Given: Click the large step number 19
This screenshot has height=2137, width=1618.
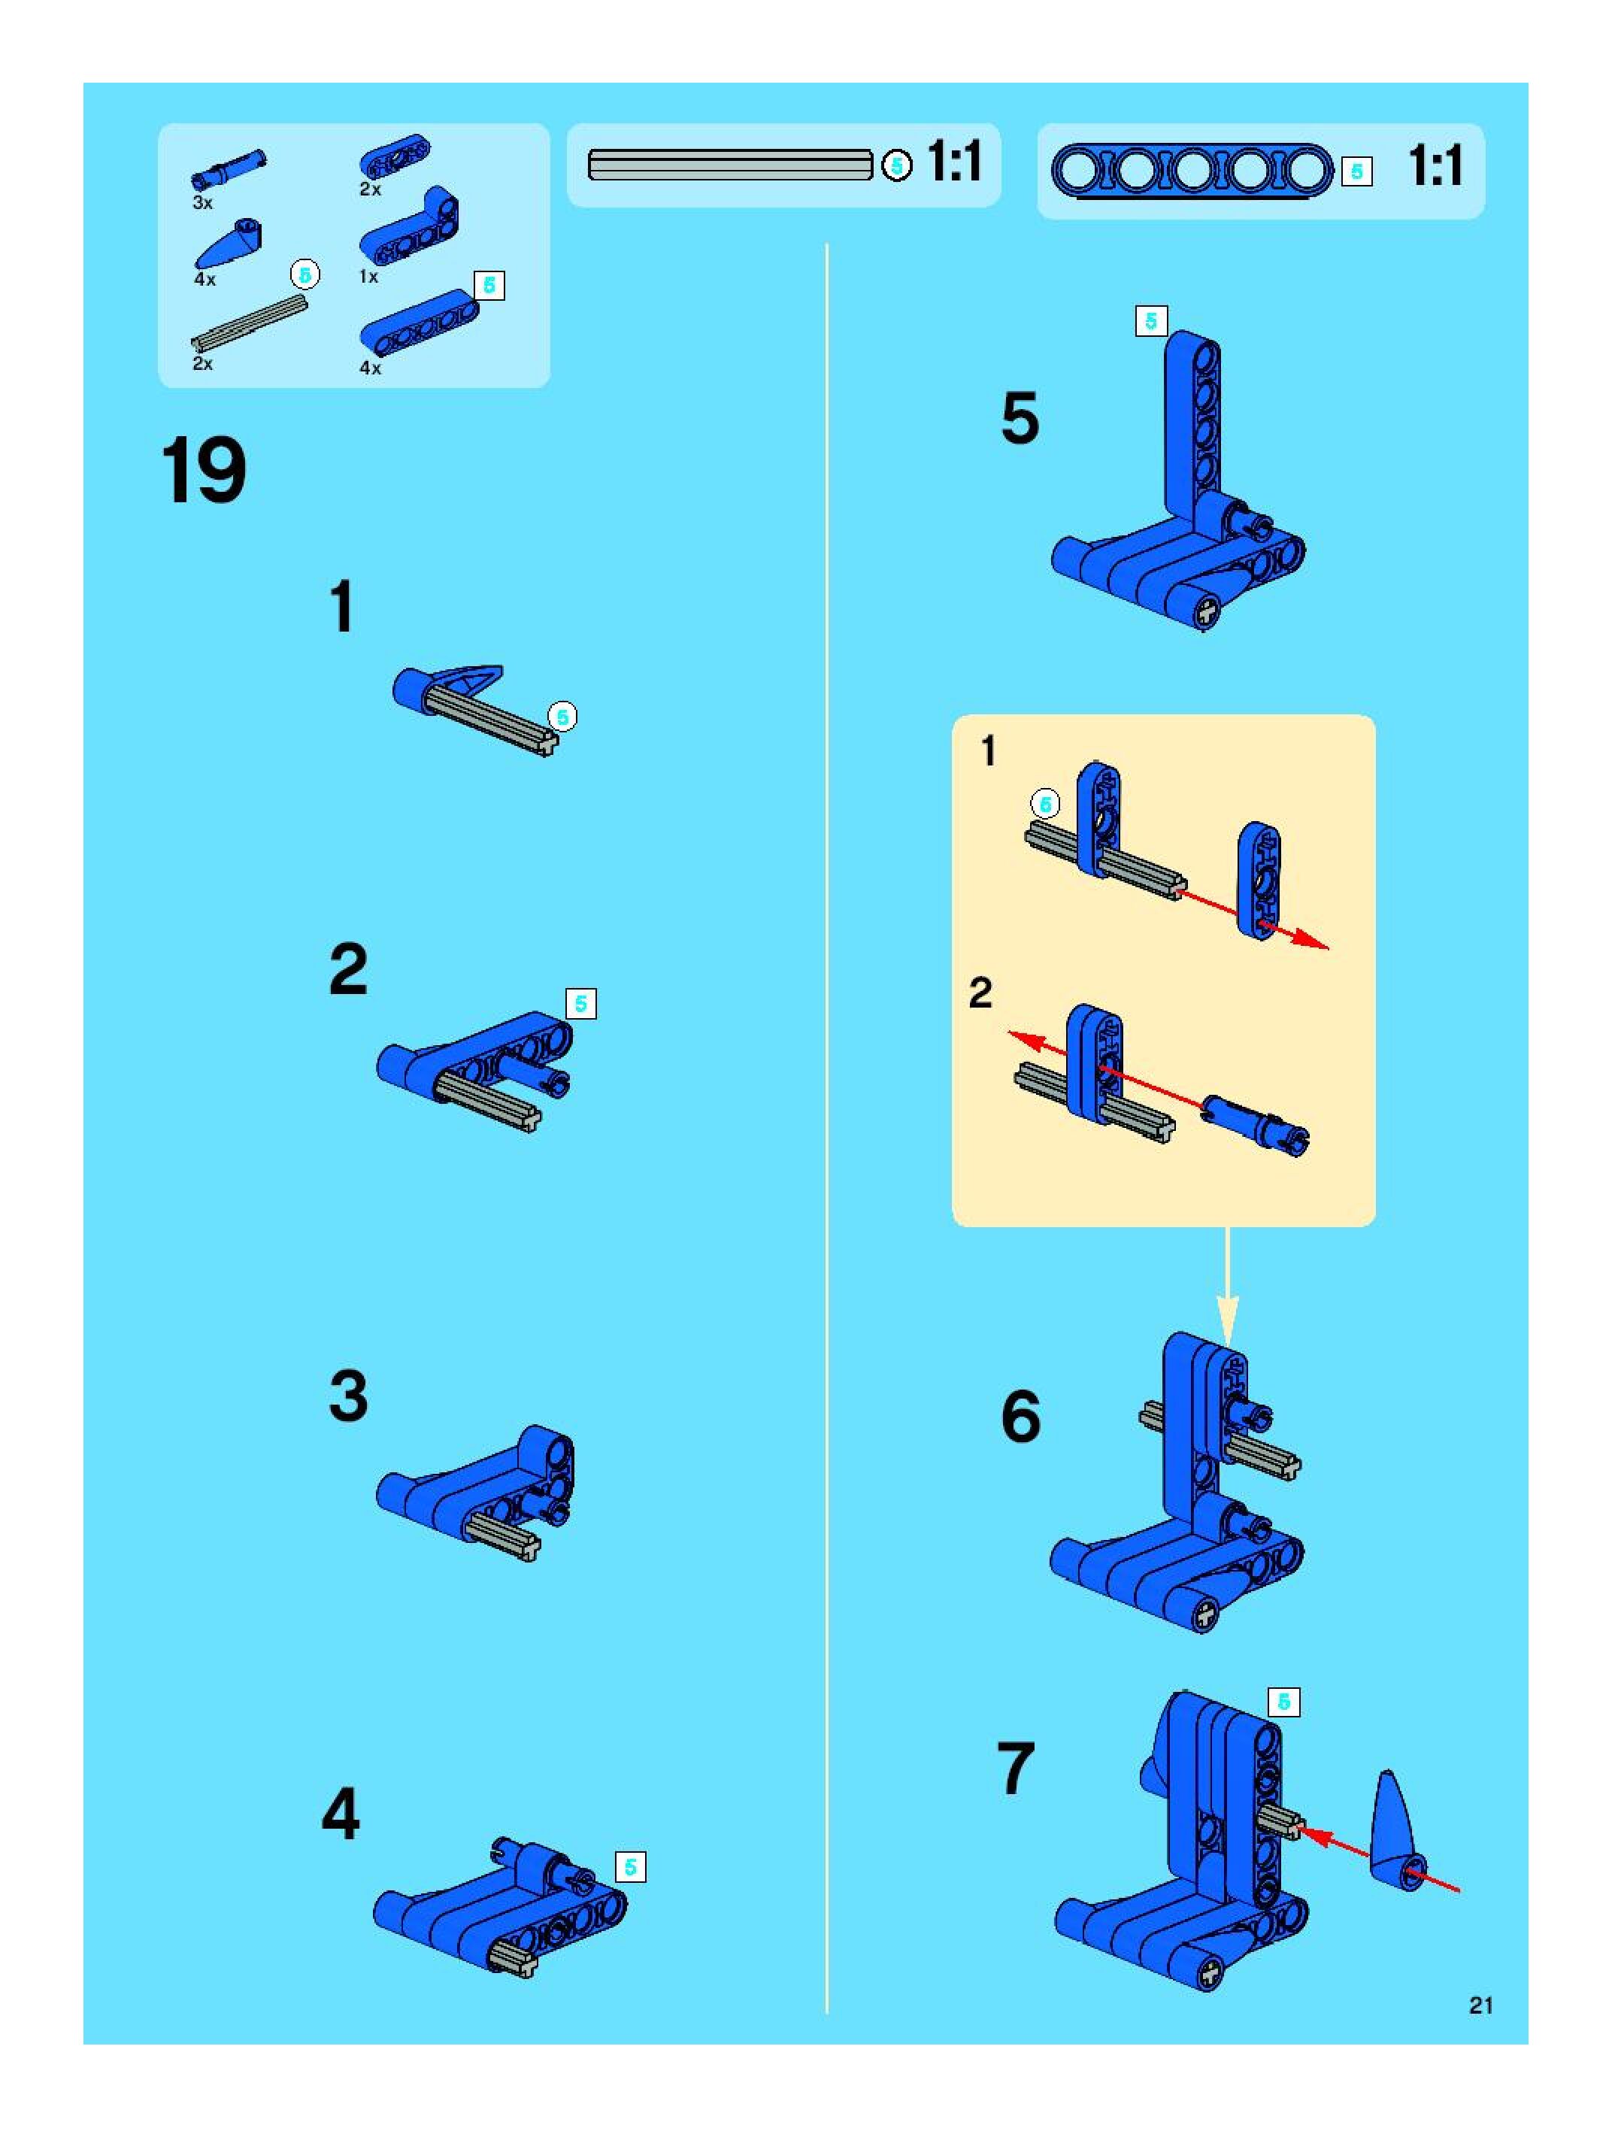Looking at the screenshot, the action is point(203,471).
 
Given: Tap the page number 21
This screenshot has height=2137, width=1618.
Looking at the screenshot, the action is point(1481,2005).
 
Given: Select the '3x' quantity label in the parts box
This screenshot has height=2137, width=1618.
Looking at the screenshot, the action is point(203,202).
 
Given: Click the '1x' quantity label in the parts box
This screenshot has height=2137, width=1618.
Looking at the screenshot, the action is point(369,276).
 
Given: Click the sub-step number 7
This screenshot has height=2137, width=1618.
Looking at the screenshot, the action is point(1015,1769).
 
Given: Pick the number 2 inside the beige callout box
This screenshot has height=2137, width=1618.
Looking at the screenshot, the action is point(980,993).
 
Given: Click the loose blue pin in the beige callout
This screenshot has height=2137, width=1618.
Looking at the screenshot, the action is point(1255,1123).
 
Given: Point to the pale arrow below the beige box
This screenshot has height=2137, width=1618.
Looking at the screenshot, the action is point(1227,1284).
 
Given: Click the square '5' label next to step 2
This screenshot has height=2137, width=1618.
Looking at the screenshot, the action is point(580,1004).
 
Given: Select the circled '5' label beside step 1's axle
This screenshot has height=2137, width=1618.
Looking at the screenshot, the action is point(562,717).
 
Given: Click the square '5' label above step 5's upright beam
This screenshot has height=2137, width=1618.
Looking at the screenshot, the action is point(1150,321).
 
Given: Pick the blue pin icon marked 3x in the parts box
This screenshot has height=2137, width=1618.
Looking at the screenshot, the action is point(229,170).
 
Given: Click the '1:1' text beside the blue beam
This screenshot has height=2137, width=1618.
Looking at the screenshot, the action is point(1435,166).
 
